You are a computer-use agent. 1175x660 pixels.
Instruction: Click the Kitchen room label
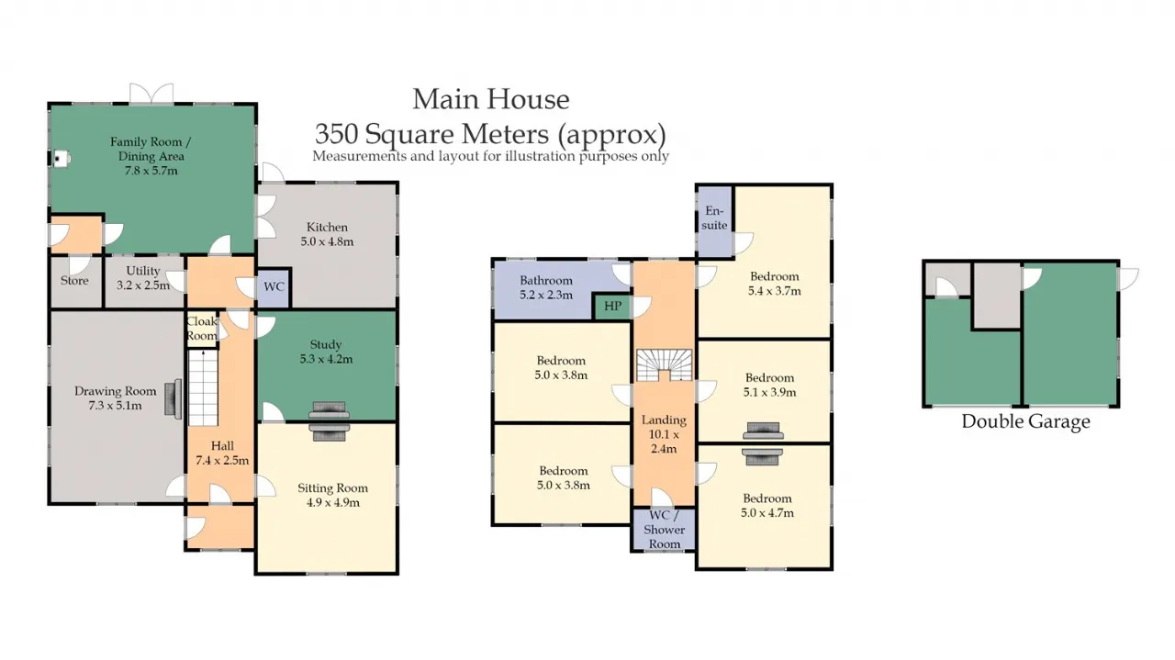point(327,227)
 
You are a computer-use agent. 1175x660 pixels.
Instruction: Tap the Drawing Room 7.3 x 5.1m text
point(115,398)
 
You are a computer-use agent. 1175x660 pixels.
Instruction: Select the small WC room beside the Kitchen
point(274,287)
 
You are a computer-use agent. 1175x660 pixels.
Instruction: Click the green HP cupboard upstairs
point(612,307)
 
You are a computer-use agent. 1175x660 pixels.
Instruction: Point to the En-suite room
point(714,221)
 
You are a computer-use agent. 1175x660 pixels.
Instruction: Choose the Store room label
point(74,281)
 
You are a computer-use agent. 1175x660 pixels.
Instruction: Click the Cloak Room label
point(202,329)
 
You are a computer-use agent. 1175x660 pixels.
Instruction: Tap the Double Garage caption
point(1025,421)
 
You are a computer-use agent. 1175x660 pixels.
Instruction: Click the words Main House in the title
point(490,99)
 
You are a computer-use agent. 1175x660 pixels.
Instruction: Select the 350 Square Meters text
point(431,133)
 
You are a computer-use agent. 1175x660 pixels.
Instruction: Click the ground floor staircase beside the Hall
point(203,387)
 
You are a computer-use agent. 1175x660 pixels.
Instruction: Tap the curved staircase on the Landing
point(664,364)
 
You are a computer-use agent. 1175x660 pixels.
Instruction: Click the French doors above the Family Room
point(151,94)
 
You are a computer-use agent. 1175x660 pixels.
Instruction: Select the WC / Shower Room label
point(664,530)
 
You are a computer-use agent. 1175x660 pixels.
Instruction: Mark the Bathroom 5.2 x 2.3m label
point(546,287)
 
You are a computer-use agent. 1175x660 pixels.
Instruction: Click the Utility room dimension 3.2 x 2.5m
point(143,285)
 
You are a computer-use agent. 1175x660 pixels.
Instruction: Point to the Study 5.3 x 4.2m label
point(326,352)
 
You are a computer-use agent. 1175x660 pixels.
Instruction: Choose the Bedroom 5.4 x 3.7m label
point(774,284)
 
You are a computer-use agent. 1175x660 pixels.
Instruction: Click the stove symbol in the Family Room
point(61,159)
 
